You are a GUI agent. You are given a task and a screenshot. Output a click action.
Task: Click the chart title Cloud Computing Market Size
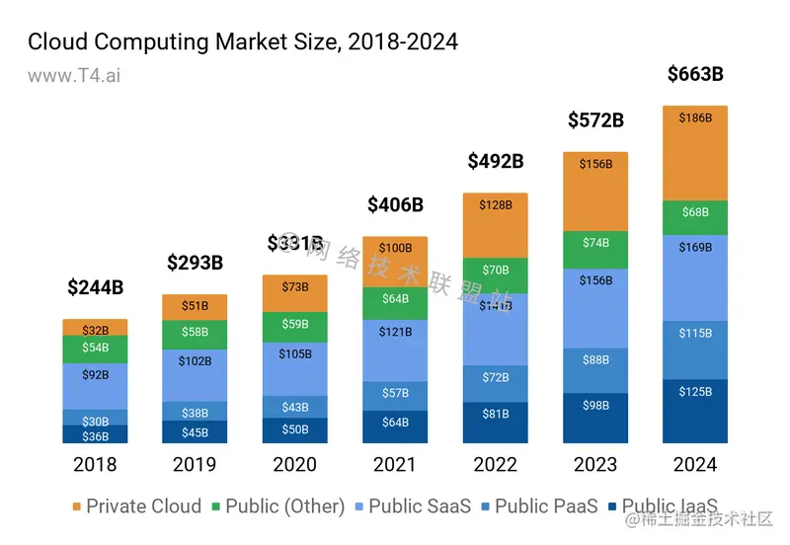(x=243, y=41)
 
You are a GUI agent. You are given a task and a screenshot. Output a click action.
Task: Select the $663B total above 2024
(x=695, y=74)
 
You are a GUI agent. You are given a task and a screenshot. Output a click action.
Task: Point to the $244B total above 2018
(x=96, y=287)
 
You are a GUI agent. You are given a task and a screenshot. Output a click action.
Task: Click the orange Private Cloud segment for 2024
(x=695, y=153)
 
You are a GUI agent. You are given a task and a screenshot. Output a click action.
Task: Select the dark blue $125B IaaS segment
(x=695, y=411)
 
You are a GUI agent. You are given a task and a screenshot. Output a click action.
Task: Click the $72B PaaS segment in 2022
(x=495, y=377)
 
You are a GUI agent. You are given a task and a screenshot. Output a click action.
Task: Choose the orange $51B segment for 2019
(x=196, y=306)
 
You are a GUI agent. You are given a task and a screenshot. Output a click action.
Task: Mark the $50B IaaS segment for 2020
(x=295, y=430)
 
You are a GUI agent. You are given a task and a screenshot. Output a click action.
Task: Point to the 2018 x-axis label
(x=96, y=464)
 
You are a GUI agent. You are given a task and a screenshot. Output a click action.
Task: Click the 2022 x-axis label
(x=495, y=464)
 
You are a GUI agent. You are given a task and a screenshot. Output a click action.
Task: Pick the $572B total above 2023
(x=595, y=120)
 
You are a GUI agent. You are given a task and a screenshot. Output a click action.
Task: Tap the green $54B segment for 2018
(x=96, y=349)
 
